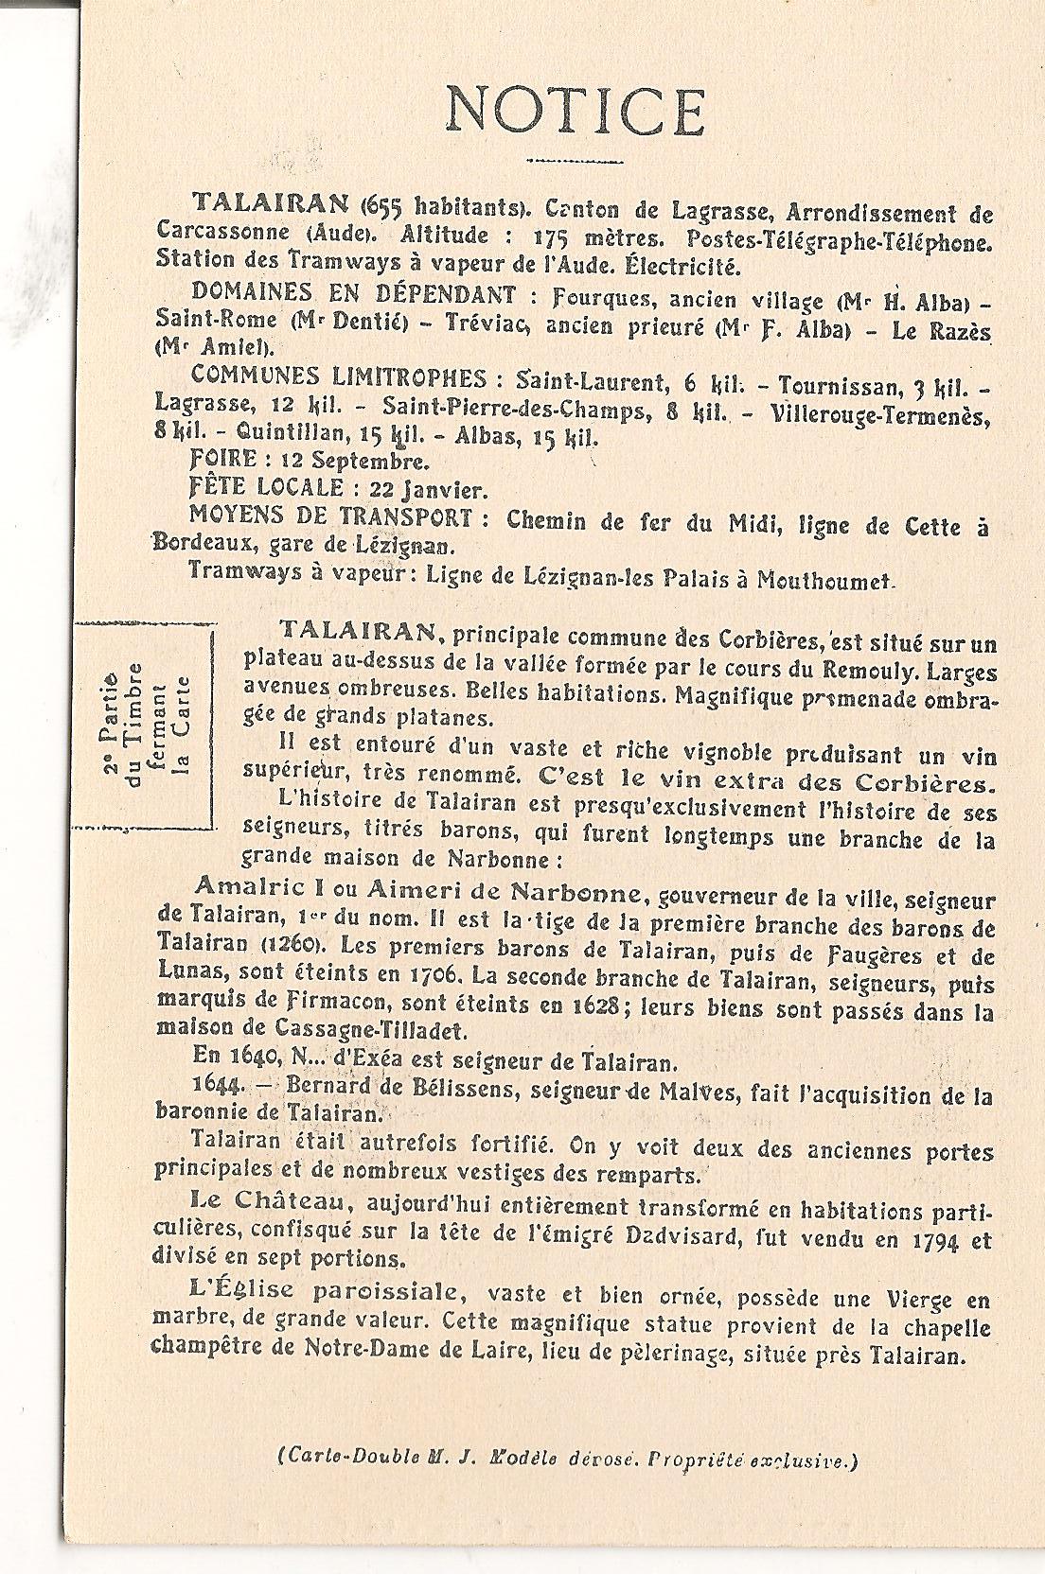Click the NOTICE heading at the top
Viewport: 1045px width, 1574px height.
click(576, 110)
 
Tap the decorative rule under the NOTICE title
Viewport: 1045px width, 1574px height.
click(576, 161)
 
